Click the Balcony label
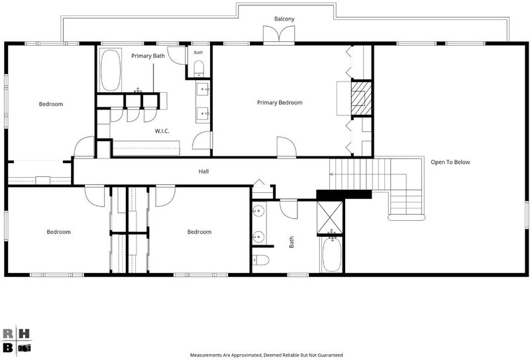pyautogui.click(x=284, y=19)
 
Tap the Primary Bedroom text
pyautogui.click(x=280, y=103)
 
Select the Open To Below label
pyautogui.click(x=450, y=162)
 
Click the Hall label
pyautogui.click(x=203, y=172)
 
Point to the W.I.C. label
pyautogui.click(x=162, y=131)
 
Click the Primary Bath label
pyautogui.click(x=148, y=56)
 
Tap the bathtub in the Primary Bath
pyautogui.click(x=110, y=70)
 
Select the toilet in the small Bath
pyautogui.click(x=199, y=69)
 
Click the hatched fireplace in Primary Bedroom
pyautogui.click(x=361, y=98)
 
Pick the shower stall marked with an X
pyautogui.click(x=330, y=217)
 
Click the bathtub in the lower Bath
pyautogui.click(x=333, y=254)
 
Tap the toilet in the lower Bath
pyautogui.click(x=260, y=260)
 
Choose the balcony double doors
pyautogui.click(x=279, y=34)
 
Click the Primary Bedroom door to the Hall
pyautogui.click(x=286, y=147)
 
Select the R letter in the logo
pyautogui.click(x=8, y=333)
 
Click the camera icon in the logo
pyautogui.click(x=25, y=348)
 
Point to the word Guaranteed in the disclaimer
pyautogui.click(x=329, y=355)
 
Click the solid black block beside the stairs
pyautogui.click(x=344, y=194)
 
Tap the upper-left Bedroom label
pyautogui.click(x=51, y=104)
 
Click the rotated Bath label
pyautogui.click(x=291, y=242)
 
